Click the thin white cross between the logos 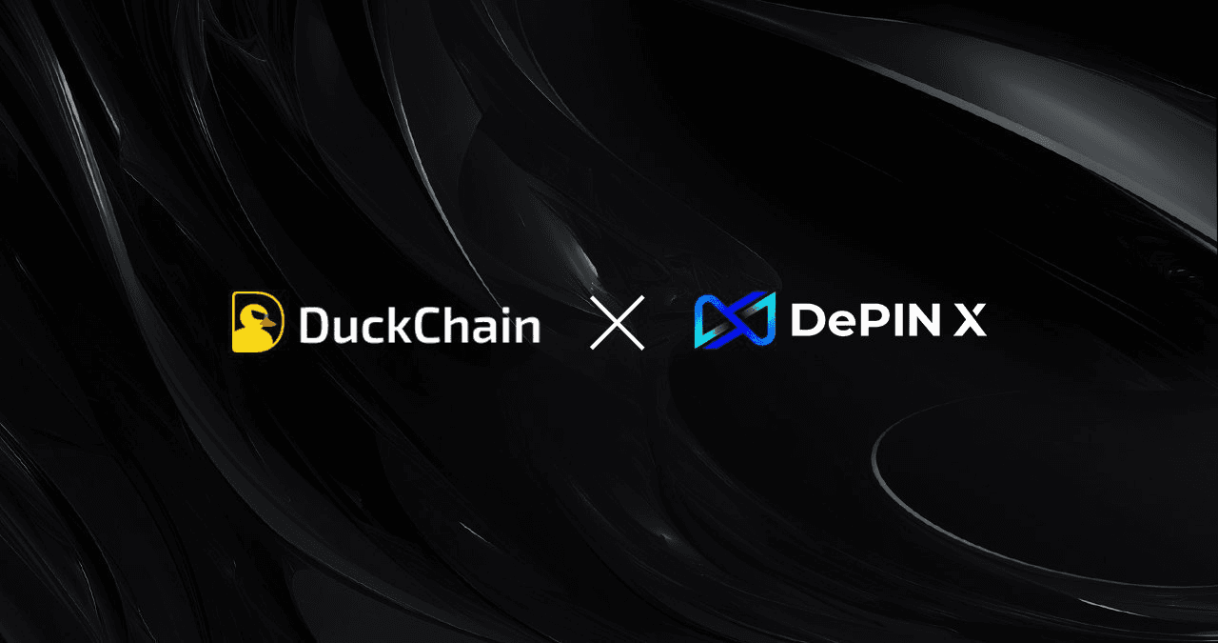(618, 322)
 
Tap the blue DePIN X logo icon (735, 320)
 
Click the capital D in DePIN (808, 322)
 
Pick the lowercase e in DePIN (841, 326)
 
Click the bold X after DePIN (971, 322)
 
